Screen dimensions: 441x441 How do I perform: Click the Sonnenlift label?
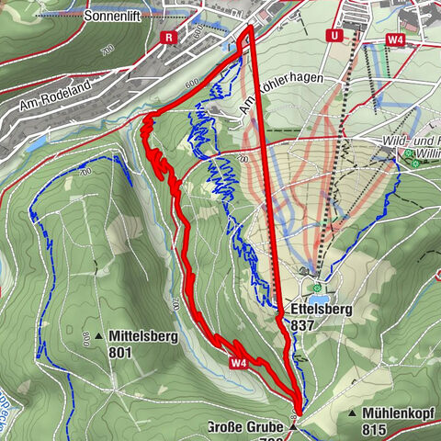[117, 17]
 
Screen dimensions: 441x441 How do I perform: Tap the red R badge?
[168, 37]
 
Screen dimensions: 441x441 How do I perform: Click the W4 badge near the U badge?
[396, 40]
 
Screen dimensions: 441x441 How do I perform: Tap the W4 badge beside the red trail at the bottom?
[239, 364]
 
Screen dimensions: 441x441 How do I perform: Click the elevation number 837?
[303, 325]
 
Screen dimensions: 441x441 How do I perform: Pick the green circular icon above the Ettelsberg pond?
[318, 287]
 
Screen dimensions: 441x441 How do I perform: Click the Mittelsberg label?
[142, 335]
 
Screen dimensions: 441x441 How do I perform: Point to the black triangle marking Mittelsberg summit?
[98, 335]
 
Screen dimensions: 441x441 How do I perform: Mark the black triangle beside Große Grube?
[294, 427]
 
